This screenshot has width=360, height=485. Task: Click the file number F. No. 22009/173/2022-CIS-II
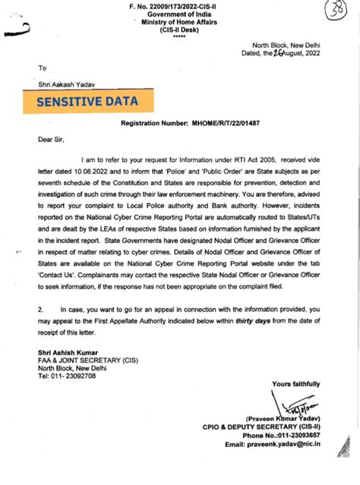(179, 5)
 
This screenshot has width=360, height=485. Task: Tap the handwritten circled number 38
(343, 11)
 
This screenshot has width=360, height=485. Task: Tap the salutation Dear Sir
(52, 140)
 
